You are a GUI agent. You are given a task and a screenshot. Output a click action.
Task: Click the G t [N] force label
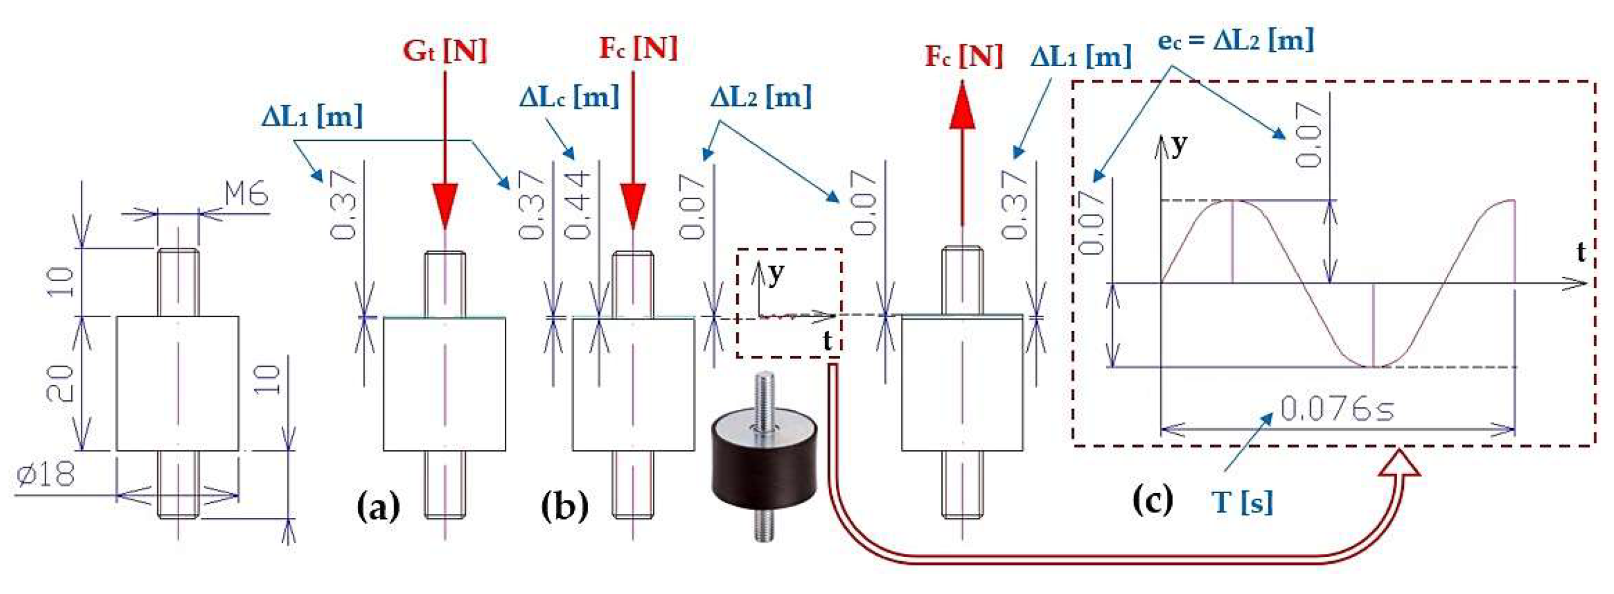(445, 50)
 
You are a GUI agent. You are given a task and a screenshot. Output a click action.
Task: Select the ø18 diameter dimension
(46, 475)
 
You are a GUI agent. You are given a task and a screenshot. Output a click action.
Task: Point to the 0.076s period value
(1336, 409)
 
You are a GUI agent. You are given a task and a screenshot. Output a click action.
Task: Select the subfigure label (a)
(378, 507)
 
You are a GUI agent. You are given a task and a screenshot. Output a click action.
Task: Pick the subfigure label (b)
(564, 507)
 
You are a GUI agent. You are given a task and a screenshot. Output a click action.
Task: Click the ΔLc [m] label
(569, 97)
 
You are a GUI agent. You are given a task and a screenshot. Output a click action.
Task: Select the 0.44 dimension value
(578, 204)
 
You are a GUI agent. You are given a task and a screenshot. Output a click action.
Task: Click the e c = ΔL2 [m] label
(1236, 40)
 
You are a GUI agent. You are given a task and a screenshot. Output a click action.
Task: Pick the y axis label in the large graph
(1180, 146)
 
